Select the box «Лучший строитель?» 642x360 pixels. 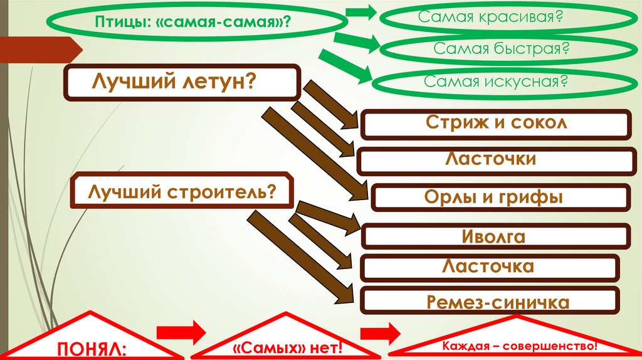(x=182, y=191)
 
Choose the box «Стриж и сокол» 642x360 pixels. (x=496, y=124)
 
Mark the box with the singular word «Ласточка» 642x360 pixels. (x=488, y=267)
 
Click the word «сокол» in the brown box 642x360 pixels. (x=539, y=123)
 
